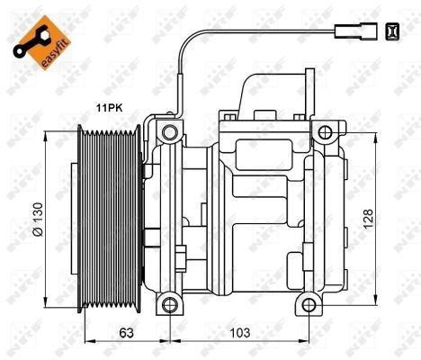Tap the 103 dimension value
(x=237, y=331)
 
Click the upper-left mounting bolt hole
(x=166, y=134)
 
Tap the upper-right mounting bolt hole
(x=323, y=134)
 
